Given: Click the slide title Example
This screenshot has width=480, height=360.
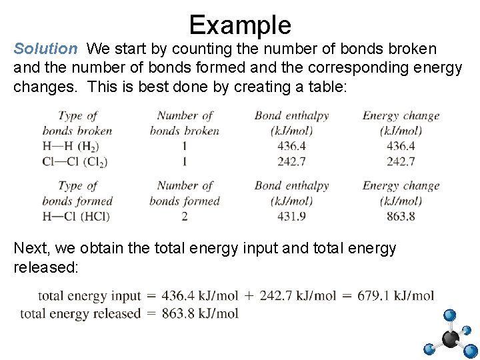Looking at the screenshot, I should coord(240,25).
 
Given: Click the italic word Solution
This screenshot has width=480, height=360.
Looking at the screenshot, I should coord(45,49).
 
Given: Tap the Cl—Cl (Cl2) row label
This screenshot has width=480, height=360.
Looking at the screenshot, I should coord(74,161).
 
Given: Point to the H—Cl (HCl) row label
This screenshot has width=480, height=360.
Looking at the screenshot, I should coord(75,216).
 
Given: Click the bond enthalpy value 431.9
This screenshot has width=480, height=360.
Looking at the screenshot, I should coord(291,216).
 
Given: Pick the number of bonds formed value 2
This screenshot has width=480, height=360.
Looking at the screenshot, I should coord(184,216).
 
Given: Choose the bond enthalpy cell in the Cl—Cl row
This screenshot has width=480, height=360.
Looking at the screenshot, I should coord(291,161).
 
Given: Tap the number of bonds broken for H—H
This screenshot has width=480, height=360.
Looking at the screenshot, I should coord(184,146).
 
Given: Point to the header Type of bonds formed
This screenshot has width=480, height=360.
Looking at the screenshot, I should coord(77,193).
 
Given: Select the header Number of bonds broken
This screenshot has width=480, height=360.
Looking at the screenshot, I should coord(185,123).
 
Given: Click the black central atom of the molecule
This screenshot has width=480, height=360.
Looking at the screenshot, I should coord(451,339).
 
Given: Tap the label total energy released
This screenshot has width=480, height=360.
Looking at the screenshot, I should coord(81,313).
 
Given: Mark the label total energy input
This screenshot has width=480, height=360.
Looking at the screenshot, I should coord(89,295).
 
